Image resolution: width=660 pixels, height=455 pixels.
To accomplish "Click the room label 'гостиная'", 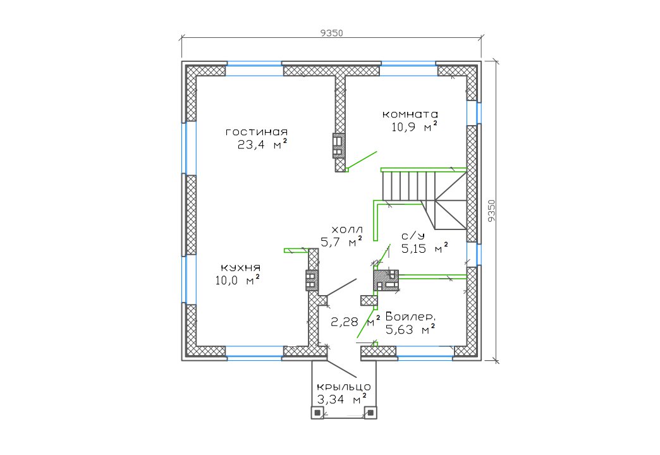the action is click(257, 132).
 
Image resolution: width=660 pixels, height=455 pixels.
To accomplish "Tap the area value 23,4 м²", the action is click(262, 144).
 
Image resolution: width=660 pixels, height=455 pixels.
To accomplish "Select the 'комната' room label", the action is click(410, 114).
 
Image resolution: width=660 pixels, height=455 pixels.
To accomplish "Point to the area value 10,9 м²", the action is click(414, 126).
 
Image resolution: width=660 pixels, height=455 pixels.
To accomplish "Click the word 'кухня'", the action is click(241, 268).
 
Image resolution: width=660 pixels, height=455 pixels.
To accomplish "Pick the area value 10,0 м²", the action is click(237, 280).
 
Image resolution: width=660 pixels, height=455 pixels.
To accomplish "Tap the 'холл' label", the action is click(347, 230).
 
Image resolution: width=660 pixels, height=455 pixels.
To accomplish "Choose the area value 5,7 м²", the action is click(341, 241).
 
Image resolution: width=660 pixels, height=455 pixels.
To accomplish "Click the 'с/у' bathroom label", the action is click(413, 236).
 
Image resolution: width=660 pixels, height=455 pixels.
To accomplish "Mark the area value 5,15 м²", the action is click(424, 248).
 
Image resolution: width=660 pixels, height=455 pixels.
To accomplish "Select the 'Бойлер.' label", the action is click(410, 317).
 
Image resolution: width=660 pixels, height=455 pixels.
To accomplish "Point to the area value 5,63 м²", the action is click(410, 330).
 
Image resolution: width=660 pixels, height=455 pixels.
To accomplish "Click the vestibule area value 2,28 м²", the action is click(355, 322).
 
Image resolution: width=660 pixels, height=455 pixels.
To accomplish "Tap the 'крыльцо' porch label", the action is click(343, 387).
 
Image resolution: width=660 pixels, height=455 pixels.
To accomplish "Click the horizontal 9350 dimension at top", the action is click(332, 33).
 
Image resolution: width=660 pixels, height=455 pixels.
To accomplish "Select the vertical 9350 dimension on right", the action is click(491, 210).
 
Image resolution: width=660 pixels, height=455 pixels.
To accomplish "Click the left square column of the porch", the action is click(317, 413).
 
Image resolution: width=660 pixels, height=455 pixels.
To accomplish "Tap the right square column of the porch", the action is click(370, 413).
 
